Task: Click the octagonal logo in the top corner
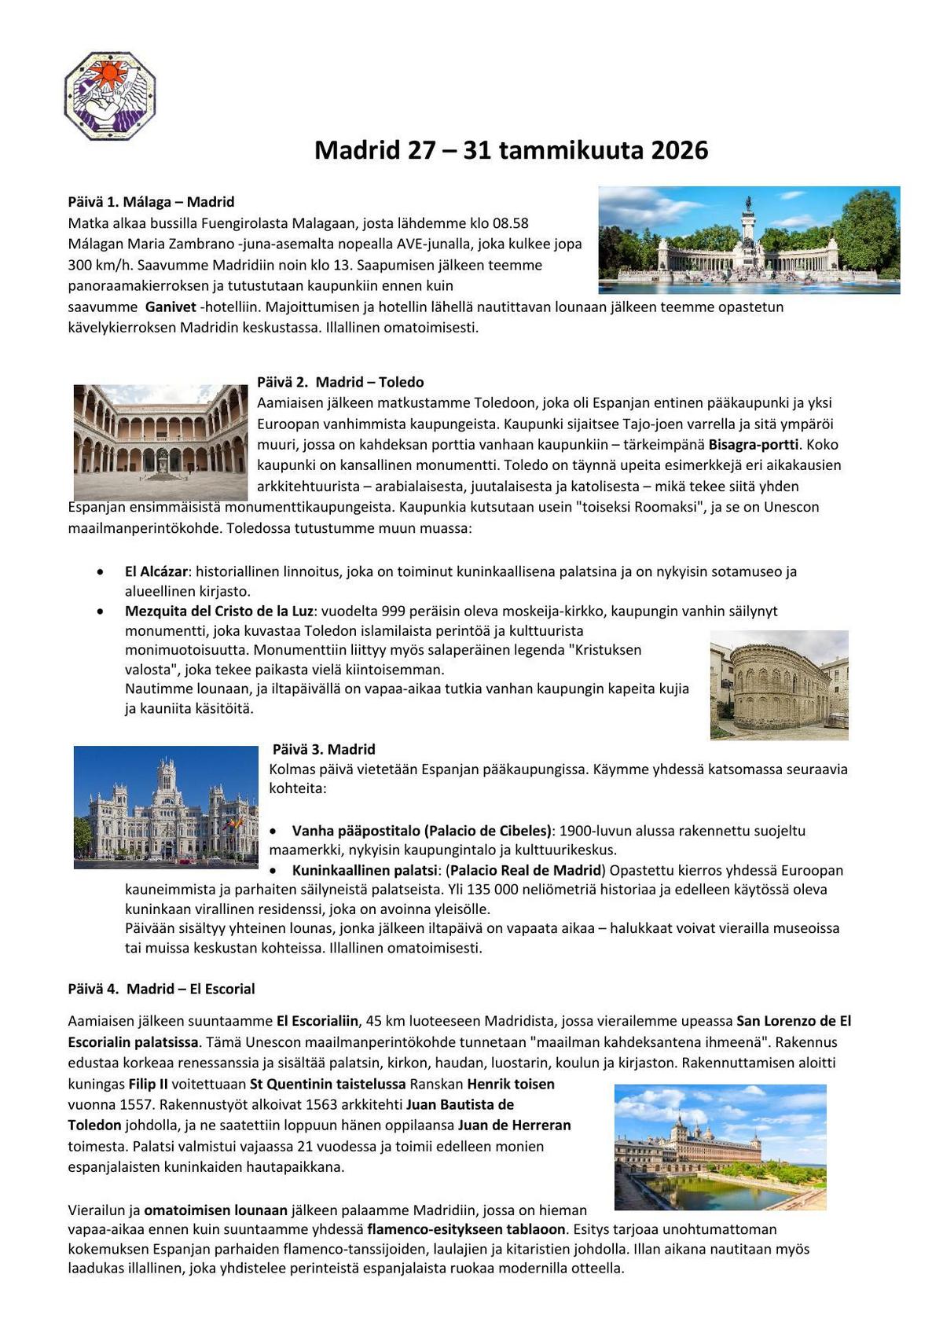[x=110, y=97]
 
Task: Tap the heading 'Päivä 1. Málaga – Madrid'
[x=151, y=202]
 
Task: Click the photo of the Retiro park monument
[x=749, y=240]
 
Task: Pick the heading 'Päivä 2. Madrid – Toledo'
[x=340, y=382]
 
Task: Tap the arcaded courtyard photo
[x=160, y=442]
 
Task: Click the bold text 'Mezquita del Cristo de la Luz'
[x=219, y=611]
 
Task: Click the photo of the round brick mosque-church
[x=779, y=685]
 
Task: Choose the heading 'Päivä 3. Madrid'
[x=324, y=749]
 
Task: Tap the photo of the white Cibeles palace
[x=166, y=807]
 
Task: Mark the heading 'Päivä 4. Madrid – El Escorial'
[x=161, y=989]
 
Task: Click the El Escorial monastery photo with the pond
[x=720, y=1147]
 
